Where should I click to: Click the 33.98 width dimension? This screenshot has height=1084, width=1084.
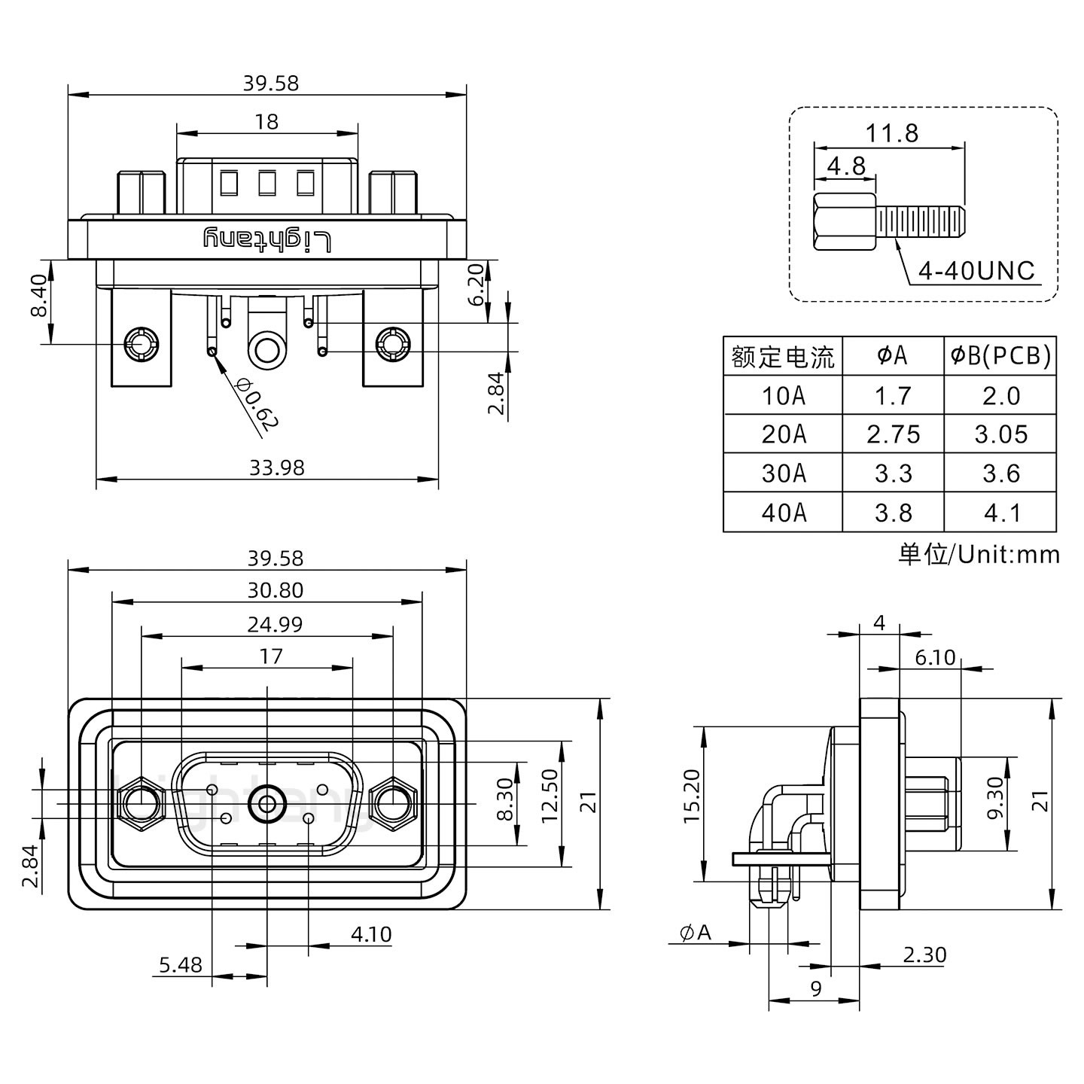276,467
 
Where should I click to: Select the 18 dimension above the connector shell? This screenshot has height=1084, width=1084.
266,121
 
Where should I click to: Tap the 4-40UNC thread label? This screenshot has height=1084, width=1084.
976,271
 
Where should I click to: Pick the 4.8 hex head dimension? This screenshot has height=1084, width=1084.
845,165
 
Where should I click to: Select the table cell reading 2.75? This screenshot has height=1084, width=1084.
893,434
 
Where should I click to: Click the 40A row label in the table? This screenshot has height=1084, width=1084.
783,513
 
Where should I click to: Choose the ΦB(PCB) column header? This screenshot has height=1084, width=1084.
1000,355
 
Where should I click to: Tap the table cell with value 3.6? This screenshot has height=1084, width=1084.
1000,473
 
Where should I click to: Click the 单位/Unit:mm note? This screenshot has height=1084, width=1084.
979,555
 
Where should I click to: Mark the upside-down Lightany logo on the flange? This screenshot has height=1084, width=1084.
267,239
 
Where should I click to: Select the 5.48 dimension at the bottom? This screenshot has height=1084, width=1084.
181,964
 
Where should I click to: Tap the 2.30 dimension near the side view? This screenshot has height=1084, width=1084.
924,955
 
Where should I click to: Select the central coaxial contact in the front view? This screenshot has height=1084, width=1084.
267,804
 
